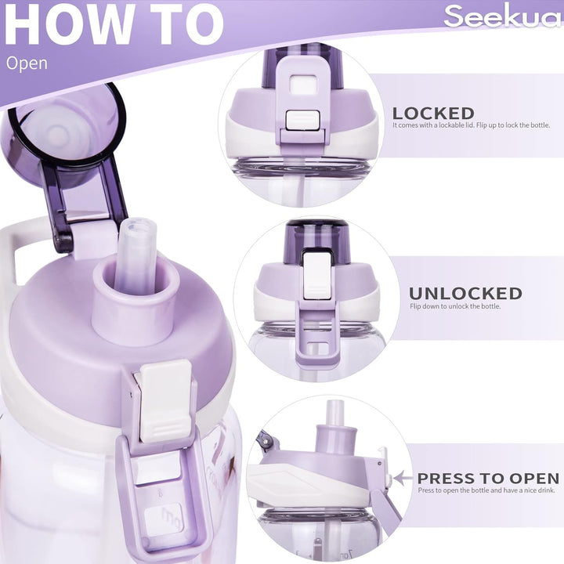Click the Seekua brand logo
pos(503,16)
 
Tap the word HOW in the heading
pos(68,23)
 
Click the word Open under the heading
pos(27,63)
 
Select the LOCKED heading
pos(433,114)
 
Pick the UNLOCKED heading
pos(465,294)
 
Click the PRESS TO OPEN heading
pos(488,479)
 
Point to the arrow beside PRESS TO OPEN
pos(403,479)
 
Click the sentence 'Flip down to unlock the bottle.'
pos(455,306)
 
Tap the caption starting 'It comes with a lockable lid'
pos(472,125)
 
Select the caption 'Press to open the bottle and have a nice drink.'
pos(486,490)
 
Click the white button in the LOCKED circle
pos(302,120)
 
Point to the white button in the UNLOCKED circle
pos(317,276)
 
